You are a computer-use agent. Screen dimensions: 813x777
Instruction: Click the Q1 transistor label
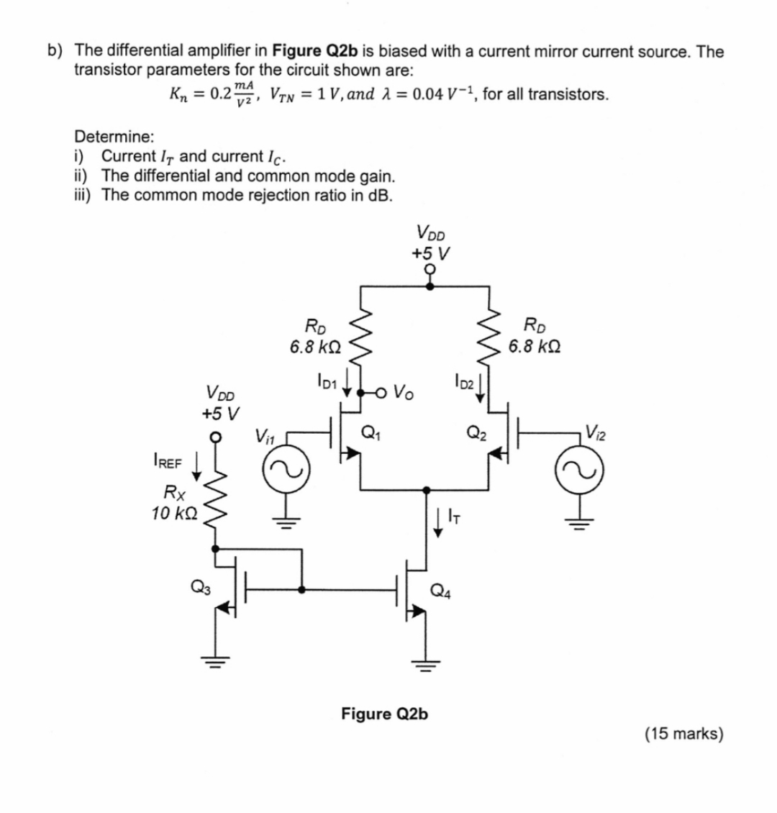coord(371,433)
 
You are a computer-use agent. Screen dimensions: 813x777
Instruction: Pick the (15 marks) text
coord(683,733)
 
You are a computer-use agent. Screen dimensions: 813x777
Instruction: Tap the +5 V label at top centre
coord(430,253)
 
